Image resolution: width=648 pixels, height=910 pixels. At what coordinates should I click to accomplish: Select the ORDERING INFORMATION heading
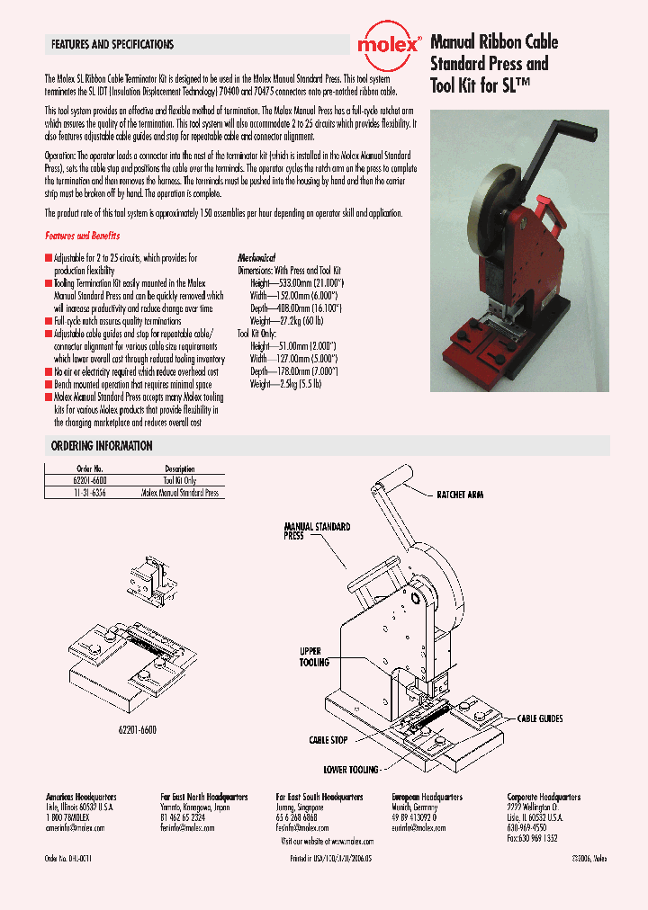click(102, 446)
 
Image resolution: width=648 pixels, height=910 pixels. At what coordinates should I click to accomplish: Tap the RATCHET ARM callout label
click(460, 495)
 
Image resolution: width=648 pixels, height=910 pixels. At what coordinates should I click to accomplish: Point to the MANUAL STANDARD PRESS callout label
click(317, 531)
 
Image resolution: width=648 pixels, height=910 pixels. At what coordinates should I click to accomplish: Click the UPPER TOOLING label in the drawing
click(314, 656)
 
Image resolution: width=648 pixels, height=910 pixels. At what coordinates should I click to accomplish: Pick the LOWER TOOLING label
click(351, 770)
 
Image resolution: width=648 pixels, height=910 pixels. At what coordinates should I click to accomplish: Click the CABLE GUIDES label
click(539, 718)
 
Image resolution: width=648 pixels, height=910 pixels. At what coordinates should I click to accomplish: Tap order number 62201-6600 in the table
click(90, 481)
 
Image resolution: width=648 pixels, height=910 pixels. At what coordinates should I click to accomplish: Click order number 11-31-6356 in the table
click(90, 493)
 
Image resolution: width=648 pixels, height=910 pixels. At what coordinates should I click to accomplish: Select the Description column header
click(180, 469)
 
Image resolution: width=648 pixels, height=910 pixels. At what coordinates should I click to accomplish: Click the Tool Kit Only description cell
click(180, 481)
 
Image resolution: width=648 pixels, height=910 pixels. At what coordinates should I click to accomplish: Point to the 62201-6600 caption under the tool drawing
click(136, 706)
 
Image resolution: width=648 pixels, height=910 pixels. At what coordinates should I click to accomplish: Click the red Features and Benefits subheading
click(83, 236)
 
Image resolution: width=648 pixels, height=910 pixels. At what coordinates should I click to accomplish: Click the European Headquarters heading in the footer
click(427, 797)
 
